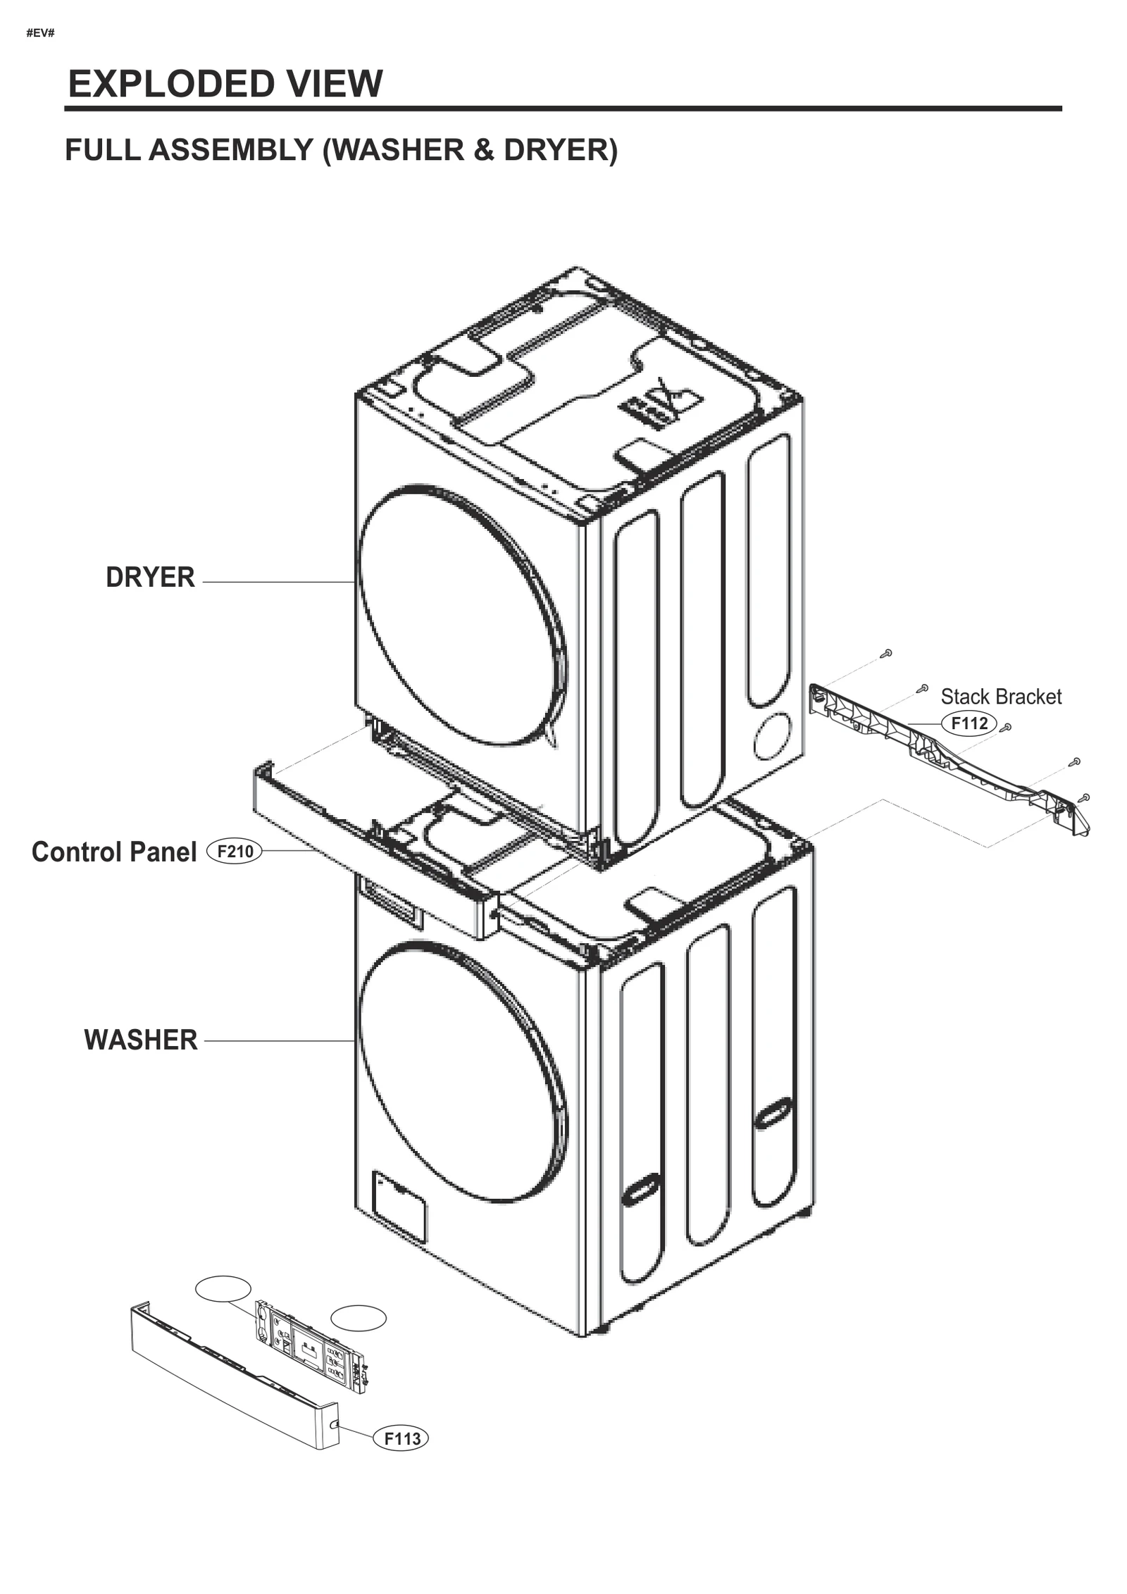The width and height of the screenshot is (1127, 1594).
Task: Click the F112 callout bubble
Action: (x=969, y=723)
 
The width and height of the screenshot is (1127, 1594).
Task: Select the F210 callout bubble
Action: (x=234, y=852)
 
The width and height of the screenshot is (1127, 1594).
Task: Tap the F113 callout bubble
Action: (x=400, y=1438)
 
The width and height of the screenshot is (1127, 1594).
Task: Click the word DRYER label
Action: (x=150, y=577)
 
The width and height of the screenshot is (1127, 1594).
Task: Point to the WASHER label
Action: (x=141, y=1040)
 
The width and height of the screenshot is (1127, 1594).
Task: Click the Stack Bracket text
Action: (x=1000, y=697)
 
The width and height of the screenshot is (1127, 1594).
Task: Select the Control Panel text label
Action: (x=114, y=852)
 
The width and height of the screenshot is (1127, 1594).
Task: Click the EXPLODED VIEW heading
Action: (x=225, y=84)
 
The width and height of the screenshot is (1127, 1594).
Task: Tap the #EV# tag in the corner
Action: (x=40, y=33)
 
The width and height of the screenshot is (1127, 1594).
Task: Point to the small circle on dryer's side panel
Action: (x=772, y=735)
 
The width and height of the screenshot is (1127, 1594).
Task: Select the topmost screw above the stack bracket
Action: (x=888, y=653)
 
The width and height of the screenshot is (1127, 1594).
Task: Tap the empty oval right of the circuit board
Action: (x=359, y=1318)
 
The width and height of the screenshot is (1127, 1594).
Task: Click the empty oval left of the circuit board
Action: (x=223, y=1288)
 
